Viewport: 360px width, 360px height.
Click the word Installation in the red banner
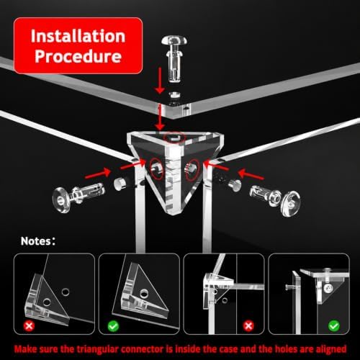pos(78,36)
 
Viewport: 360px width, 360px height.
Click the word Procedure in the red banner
pos(78,56)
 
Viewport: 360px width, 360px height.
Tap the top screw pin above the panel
pos(174,59)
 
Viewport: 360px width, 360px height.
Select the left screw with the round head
pos(78,196)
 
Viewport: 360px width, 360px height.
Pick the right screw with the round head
pos(275,199)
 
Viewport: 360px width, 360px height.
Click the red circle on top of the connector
pos(174,138)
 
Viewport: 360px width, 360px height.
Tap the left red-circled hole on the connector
pos(157,169)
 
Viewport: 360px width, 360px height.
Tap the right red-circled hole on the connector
pos(192,170)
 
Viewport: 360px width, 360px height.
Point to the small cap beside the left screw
pos(121,184)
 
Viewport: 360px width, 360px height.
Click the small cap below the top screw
pos(175,95)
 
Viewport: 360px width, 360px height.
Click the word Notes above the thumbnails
pos(36,241)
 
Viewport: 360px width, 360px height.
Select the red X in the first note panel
pos(29,326)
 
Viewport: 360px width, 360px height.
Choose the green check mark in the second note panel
pos(113,326)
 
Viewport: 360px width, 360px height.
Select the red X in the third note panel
pos(248,326)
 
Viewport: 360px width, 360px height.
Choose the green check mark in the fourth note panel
pos(334,326)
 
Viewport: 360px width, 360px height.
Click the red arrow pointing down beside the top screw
pos(160,81)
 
